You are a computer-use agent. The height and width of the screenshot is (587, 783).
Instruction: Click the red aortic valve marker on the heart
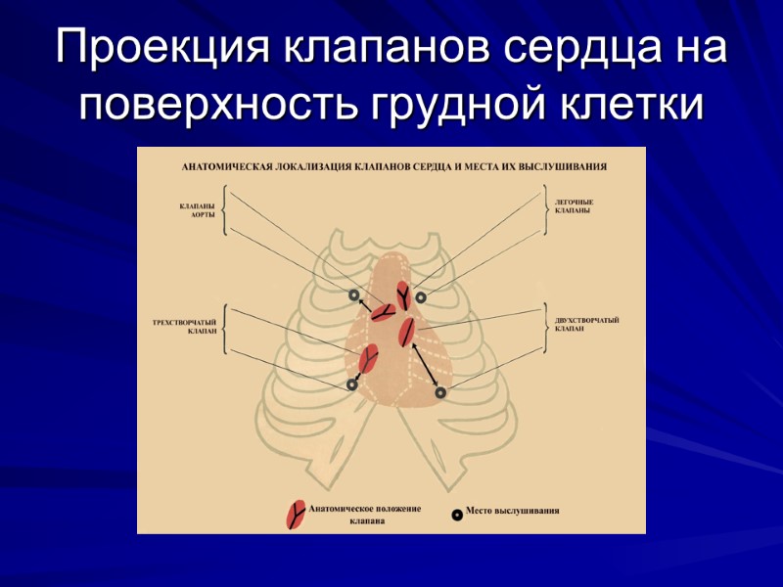pos(382,312)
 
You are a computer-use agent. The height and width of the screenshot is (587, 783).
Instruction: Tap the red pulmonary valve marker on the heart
pos(402,294)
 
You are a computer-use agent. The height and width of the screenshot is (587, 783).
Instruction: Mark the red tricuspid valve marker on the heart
pos(368,359)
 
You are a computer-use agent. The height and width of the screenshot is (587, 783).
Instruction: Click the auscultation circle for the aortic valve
pos(354,295)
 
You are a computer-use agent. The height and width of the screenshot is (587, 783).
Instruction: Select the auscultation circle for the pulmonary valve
pos(421,296)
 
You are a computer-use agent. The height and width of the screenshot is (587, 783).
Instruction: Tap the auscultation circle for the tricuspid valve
pos(351,385)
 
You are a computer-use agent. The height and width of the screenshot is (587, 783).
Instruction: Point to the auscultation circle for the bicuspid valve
pos(440,392)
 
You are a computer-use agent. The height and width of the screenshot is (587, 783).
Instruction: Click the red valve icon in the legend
pos(294,515)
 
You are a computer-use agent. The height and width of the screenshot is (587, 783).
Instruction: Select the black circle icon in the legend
pos(456,514)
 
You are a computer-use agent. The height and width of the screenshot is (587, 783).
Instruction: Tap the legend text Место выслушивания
pos(512,511)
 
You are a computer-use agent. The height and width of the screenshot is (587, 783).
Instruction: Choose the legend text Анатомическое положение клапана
pos(364,516)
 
